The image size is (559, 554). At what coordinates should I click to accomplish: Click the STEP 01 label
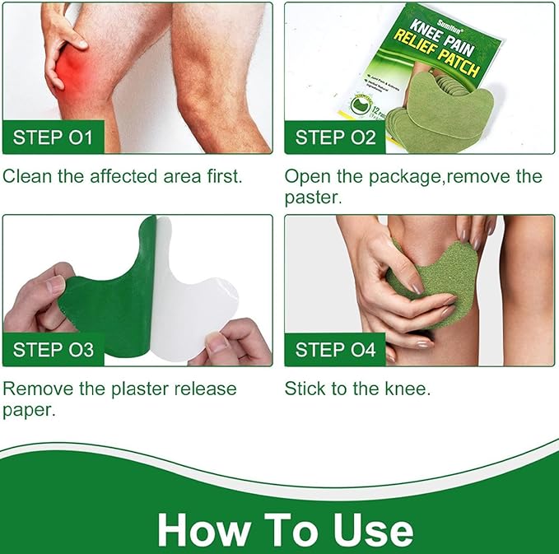coord(54,137)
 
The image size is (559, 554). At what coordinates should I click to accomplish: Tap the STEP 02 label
coord(335,137)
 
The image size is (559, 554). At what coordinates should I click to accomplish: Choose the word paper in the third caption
coord(29,409)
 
